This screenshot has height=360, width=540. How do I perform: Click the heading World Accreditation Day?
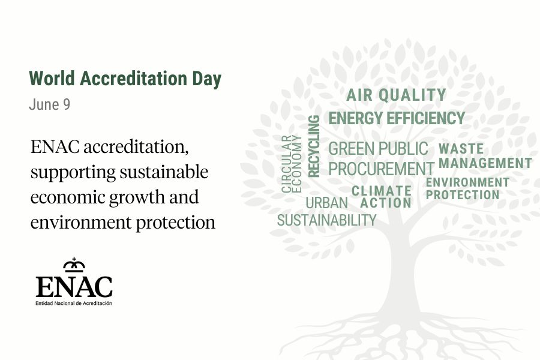coord(125,79)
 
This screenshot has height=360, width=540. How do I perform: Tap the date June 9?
coord(50,104)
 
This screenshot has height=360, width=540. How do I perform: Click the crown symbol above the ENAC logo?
coord(74,265)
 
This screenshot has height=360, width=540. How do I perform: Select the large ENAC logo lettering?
coord(74,286)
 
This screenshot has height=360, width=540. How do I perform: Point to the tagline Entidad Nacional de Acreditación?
coord(74,303)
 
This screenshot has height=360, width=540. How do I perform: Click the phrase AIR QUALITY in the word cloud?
coord(396,95)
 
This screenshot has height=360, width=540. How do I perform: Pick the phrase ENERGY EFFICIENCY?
coord(397,118)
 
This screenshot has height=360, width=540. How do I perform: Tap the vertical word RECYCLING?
coord(314,146)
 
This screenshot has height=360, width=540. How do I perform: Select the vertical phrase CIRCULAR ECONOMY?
coord(292,164)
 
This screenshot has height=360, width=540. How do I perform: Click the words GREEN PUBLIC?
coord(378,149)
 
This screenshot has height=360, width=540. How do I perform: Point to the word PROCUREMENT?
coord(381,169)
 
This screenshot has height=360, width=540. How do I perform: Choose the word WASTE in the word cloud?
coord(461,149)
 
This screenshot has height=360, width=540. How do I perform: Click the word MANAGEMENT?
coord(485,163)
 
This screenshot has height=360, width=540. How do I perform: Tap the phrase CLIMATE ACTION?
coord(382,197)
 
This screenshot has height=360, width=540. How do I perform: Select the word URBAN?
coord(327,203)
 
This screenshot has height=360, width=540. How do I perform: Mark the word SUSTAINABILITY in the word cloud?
coord(327,220)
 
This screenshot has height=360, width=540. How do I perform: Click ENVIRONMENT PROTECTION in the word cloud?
coord(467,188)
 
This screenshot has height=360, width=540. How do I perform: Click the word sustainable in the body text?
coord(164,172)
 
